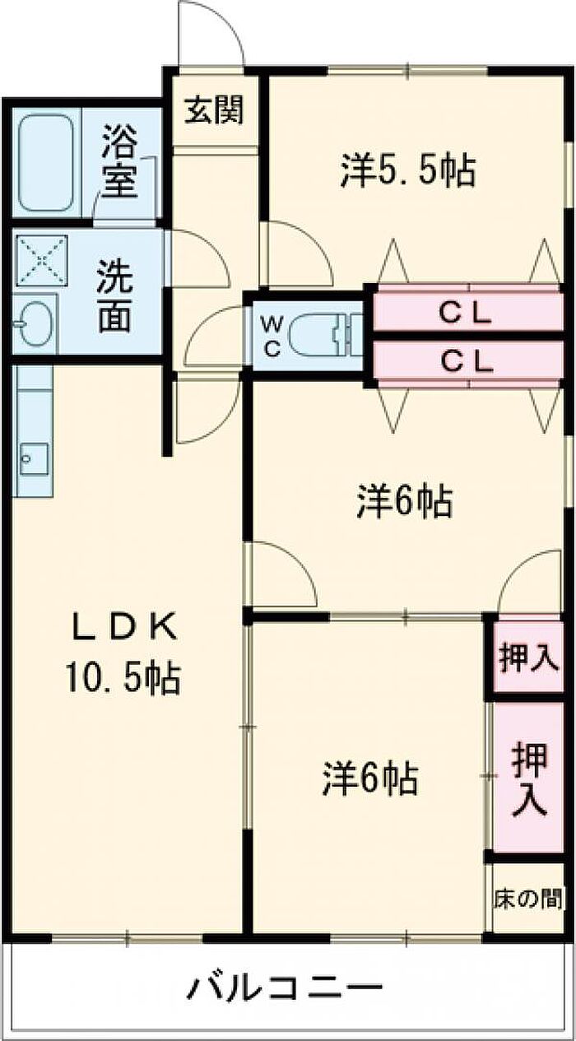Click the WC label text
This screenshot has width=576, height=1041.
click(272, 336)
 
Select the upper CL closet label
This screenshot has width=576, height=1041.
click(465, 315)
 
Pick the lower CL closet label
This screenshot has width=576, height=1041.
click(466, 361)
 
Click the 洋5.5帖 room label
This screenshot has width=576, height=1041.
click(408, 170)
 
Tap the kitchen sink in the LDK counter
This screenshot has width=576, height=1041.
click(34, 459)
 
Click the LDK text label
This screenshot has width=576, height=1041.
click(124, 627)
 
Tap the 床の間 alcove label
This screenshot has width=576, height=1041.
click(528, 899)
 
